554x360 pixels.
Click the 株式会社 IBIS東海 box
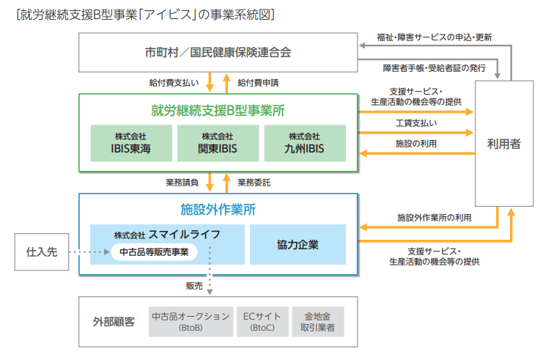[131, 143]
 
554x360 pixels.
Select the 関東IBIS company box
[218, 143]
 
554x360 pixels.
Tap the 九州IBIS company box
[305, 143]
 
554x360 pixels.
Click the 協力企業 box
[298, 244]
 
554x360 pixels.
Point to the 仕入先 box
[42, 251]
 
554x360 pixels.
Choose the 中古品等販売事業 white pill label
[154, 251]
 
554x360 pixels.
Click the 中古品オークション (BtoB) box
[191, 322]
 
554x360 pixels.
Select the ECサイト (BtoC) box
[262, 322]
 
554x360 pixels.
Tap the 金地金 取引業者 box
[318, 322]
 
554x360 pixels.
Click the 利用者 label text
[504, 144]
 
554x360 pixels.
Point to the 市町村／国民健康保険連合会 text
[218, 52]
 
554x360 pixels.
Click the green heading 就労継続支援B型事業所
[218, 111]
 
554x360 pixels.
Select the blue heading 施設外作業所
[218, 210]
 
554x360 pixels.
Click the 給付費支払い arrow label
[174, 83]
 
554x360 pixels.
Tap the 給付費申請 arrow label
[258, 83]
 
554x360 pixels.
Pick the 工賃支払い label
[416, 123]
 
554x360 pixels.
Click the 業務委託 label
[254, 183]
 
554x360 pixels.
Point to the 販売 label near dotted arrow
[194, 286]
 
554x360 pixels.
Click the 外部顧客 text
[114, 322]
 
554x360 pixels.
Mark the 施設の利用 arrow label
[416, 144]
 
